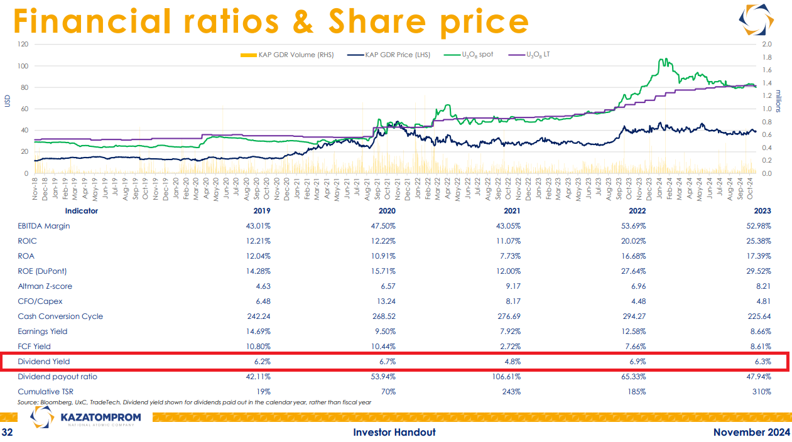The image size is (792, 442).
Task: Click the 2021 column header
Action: (x=512, y=211)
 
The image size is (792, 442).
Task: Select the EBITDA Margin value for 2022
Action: (x=633, y=226)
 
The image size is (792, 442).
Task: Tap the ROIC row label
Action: (x=27, y=241)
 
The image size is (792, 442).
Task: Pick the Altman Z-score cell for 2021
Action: (x=513, y=286)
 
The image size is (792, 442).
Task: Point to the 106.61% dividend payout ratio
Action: (x=506, y=377)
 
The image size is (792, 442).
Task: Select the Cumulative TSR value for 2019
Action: (x=263, y=392)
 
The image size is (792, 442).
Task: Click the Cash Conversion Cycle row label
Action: (x=60, y=316)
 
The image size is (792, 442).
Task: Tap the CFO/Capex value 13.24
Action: (x=386, y=301)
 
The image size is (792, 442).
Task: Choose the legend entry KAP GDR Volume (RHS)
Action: (x=287, y=55)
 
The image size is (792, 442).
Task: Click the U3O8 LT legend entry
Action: (x=529, y=55)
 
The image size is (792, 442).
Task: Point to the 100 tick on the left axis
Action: (x=23, y=66)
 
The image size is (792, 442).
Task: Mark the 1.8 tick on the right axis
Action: (x=767, y=57)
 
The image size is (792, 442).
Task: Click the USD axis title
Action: (x=8, y=101)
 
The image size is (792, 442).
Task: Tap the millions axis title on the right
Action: (x=778, y=102)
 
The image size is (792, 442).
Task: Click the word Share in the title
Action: (x=377, y=21)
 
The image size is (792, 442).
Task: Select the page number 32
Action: (x=7, y=432)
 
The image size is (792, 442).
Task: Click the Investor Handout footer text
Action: (x=394, y=432)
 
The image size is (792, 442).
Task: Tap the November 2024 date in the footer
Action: (x=752, y=432)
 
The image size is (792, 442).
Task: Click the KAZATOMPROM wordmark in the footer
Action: (x=100, y=418)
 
